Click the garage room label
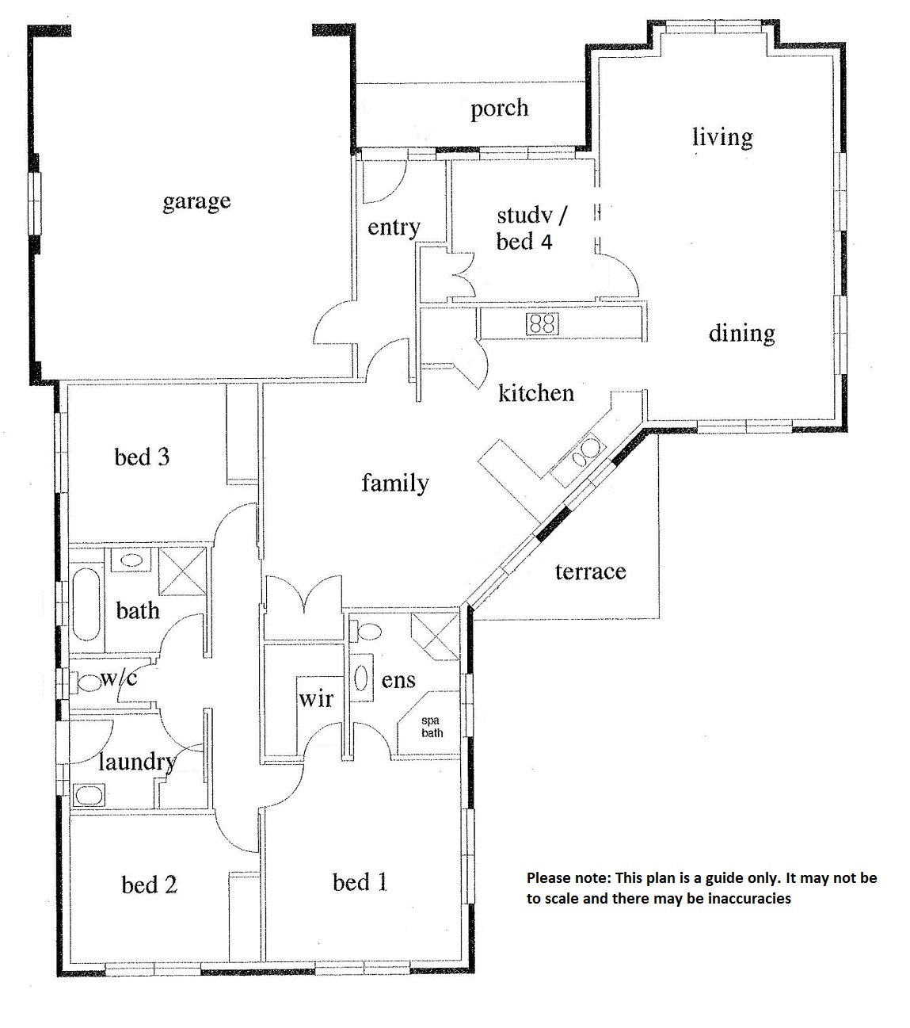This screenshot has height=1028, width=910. (196, 202)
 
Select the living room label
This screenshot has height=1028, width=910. (722, 137)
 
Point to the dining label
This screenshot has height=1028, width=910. (741, 334)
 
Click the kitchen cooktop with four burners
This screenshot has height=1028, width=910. (542, 323)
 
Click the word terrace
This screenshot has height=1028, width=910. (590, 571)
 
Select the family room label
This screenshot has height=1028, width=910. (395, 483)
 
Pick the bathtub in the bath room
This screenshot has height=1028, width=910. (86, 604)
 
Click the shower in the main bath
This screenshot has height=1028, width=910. (182, 571)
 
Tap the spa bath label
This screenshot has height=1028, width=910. (432, 727)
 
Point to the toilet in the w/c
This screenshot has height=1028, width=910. (88, 683)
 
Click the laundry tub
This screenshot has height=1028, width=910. (89, 795)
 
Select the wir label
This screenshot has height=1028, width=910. (316, 699)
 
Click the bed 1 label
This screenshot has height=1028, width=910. (360, 882)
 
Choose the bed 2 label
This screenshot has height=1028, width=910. (149, 885)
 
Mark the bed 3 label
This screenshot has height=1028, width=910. (142, 457)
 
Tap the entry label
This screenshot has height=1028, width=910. (394, 227)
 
